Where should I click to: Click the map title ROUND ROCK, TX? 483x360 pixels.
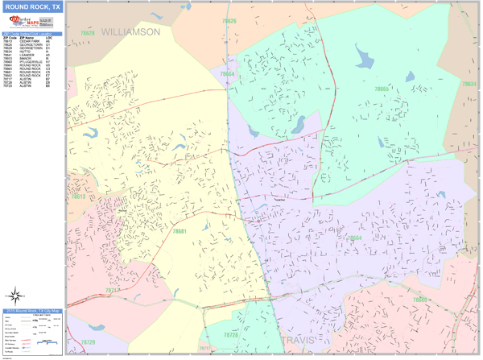tap(32, 7)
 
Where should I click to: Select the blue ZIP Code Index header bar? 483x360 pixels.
tap(32, 34)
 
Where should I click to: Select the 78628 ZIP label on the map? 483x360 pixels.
tap(87, 33)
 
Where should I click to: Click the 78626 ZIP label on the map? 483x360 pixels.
tap(229, 20)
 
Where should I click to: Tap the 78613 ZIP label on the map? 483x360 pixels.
tap(78, 197)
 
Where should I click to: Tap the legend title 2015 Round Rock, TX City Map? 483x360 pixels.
tap(33, 310)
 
